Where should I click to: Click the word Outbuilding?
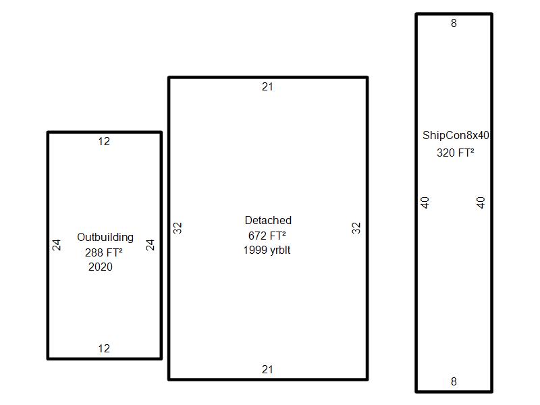(x=105, y=238)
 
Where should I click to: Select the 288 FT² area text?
(x=104, y=252)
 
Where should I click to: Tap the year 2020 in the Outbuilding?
(x=101, y=267)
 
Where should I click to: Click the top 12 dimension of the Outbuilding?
(x=104, y=142)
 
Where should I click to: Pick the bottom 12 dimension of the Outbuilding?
(x=104, y=349)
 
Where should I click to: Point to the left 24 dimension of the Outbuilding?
(x=57, y=244)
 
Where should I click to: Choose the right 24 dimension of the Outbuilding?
(x=151, y=244)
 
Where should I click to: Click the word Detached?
(x=268, y=221)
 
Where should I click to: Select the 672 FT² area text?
(x=267, y=236)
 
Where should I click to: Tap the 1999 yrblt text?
(x=267, y=250)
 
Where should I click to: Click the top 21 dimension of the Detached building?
(x=268, y=87)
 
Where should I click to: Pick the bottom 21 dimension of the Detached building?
(x=268, y=370)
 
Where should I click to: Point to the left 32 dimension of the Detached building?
(x=178, y=228)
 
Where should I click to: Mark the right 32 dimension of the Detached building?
(x=356, y=228)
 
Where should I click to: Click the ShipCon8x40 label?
(x=456, y=136)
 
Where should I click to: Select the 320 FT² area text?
(x=456, y=153)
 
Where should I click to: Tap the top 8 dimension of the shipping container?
(x=454, y=24)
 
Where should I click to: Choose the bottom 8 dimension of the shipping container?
(x=454, y=382)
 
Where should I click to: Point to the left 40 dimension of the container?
(x=425, y=202)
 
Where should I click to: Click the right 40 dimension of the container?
(x=481, y=202)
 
